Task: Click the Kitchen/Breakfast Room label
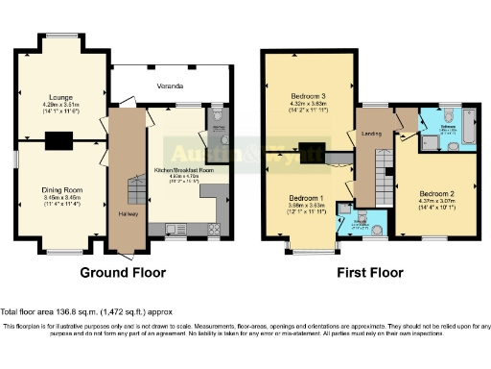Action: pyautogui.click(x=182, y=170)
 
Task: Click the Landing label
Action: pyautogui.click(x=371, y=133)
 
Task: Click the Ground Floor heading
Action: pyautogui.click(x=122, y=273)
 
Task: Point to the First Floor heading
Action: pyautogui.click(x=368, y=273)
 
